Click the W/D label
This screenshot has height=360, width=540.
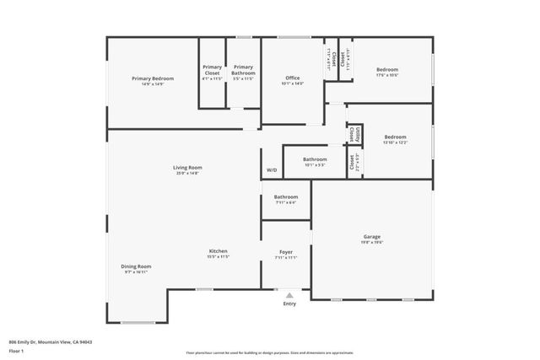pos(272,170)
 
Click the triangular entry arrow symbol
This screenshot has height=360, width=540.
pos(289,295)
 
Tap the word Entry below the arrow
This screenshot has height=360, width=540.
pos(289,304)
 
